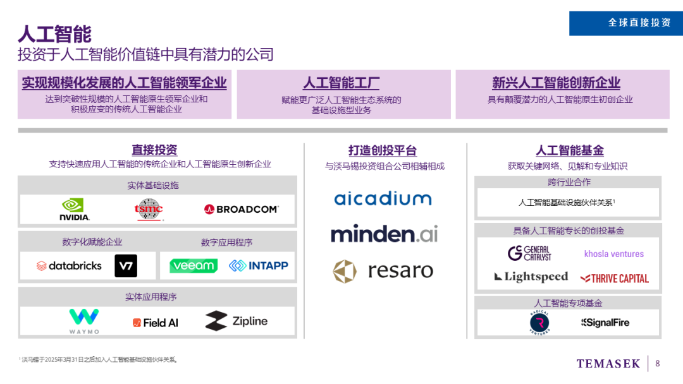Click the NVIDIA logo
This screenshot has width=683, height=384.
75,209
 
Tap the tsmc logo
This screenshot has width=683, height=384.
149,209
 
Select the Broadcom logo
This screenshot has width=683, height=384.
241,209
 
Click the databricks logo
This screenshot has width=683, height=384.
69,266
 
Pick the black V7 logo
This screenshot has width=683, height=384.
126,266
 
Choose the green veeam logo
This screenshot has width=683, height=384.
194,266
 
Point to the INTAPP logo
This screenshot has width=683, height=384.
258,266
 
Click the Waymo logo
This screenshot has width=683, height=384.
84,321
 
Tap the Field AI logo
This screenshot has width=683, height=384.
156,323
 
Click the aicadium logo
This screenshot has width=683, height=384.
383,198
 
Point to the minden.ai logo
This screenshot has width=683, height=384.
384,234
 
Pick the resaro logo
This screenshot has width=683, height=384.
383,271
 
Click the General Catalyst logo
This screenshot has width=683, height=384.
529,253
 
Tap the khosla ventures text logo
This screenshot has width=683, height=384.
613,254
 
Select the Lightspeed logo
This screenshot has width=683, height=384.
531,277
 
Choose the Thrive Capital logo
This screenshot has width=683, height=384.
615,278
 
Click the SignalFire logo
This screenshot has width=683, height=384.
605,323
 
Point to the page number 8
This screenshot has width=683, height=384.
658,363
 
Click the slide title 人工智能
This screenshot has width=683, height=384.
55,33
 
